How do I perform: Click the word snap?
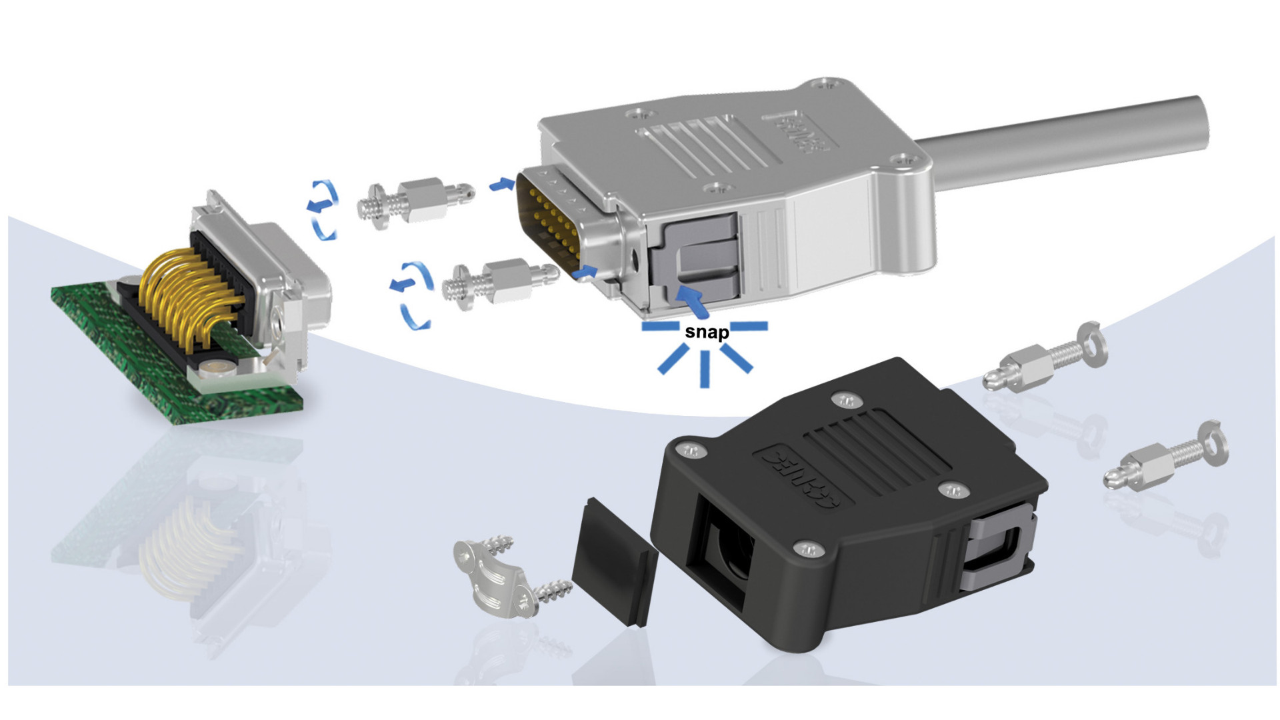(707, 332)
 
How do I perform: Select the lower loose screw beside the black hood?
(1167, 457)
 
